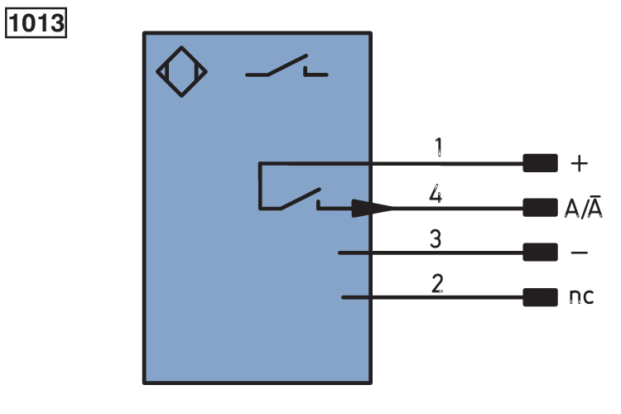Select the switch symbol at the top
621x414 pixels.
[x=286, y=69]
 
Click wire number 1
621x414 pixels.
[x=438, y=149]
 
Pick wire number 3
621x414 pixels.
[x=436, y=240]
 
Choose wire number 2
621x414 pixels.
[x=436, y=284]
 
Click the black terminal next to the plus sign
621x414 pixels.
[x=540, y=164]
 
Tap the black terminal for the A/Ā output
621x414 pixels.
[x=540, y=208]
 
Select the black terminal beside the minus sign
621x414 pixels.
[x=540, y=253]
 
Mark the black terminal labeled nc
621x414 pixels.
[x=540, y=296]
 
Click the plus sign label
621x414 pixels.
[x=580, y=164]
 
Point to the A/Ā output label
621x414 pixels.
[x=583, y=208]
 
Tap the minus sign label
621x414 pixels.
[x=580, y=253]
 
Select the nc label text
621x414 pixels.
[x=582, y=296]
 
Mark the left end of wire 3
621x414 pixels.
[x=342, y=253]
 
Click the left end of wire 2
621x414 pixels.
[x=344, y=296]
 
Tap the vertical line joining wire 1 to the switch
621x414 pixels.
[x=260, y=185]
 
